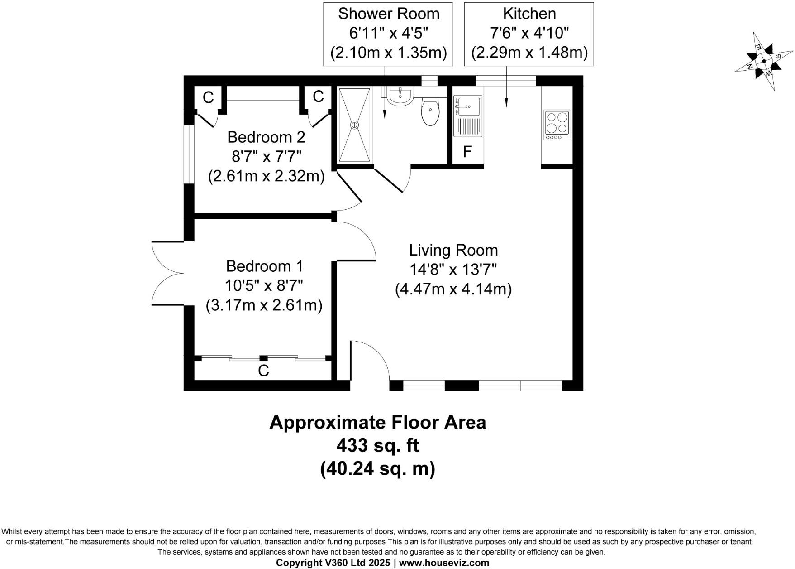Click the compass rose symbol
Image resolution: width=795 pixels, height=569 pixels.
click(764, 61)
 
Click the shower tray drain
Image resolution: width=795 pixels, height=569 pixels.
click(355, 124)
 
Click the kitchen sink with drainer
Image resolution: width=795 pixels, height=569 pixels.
click(468, 116)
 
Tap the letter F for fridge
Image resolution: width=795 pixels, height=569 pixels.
click(467, 152)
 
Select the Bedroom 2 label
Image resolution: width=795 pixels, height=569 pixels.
click(266, 137)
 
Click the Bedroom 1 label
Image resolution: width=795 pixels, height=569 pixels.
click(265, 266)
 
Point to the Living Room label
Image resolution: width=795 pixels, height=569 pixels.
click(453, 250)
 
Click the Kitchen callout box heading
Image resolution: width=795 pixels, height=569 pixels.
click(529, 14)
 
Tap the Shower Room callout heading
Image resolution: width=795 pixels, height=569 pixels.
click(388, 14)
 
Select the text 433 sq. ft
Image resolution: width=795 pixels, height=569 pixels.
click(378, 445)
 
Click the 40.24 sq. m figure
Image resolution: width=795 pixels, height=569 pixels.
click(378, 468)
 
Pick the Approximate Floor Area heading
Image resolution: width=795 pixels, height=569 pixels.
click(378, 422)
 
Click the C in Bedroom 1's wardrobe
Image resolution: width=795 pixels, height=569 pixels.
click(263, 371)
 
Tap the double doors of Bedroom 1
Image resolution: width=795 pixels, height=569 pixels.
click(167, 274)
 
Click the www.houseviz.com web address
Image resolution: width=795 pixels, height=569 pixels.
click(444, 563)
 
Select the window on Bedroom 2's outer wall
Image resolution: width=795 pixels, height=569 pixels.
click(189, 154)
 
